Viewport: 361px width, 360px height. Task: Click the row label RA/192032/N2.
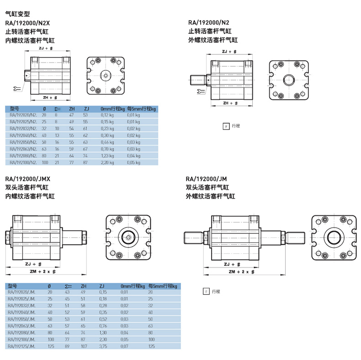point(23,129)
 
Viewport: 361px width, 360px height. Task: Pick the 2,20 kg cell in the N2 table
point(108,162)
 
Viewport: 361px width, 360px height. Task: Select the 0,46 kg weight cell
point(108,142)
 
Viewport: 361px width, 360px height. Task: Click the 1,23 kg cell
point(108,156)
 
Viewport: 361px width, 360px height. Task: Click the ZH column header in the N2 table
point(71,109)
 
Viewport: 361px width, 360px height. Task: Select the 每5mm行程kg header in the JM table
point(162,286)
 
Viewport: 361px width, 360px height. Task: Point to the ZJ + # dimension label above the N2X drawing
point(46,48)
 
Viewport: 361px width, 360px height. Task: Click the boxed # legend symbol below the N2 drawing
point(225,126)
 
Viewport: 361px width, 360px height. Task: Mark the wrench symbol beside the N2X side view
point(17,88)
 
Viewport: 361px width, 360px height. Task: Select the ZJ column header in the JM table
point(101,286)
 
